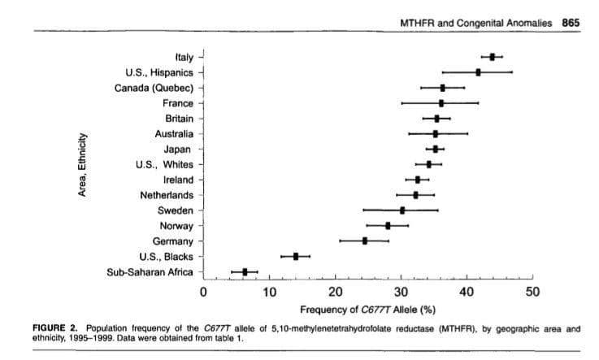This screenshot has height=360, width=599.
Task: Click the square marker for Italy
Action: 492,57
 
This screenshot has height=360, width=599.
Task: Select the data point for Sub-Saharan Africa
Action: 245,271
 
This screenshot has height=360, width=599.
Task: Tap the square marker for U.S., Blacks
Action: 296,256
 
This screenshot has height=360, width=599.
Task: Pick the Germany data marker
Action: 365,241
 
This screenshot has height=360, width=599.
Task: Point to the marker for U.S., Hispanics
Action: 478,72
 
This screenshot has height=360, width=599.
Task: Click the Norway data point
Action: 388,225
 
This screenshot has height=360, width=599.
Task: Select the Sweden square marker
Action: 402,210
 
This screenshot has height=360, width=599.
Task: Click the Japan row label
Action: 177,150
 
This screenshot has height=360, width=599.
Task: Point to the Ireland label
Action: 178,180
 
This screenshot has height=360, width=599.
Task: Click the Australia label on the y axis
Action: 173,133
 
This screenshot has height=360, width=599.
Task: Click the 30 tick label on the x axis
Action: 401,292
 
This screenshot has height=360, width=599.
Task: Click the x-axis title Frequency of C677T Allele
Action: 368,310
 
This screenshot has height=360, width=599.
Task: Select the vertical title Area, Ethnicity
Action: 82,166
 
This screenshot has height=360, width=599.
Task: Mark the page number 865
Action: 571,21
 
